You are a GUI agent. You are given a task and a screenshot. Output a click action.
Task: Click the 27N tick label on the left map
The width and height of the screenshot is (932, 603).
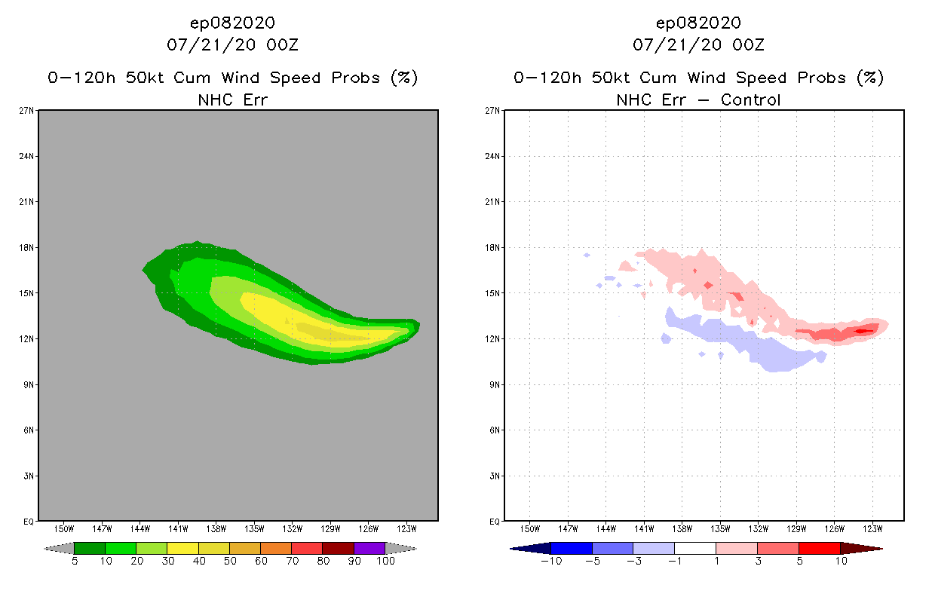pos(27,111)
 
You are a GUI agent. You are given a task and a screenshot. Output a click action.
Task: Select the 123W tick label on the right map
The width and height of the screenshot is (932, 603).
pos(873,528)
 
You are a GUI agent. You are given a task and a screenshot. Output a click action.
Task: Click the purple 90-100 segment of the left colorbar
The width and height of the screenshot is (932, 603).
pos(369,548)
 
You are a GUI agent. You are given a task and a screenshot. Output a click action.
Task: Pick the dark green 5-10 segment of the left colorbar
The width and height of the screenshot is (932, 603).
pos(90,548)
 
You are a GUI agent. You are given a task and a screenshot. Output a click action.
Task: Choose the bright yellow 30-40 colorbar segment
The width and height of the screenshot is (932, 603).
pos(182,548)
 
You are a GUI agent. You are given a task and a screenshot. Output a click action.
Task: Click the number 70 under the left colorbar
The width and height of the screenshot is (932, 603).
pos(291,562)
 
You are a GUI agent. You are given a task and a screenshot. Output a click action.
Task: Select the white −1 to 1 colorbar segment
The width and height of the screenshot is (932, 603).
pos(694,548)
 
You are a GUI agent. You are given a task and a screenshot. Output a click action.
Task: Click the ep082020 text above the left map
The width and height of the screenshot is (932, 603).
pos(232,23)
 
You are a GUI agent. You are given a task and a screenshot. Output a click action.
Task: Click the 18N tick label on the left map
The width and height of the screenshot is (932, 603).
pos(27,247)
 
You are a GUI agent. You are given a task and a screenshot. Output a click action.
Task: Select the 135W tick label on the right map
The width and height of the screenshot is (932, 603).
pos(720,528)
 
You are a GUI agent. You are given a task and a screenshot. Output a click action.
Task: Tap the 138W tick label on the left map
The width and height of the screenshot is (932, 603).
pos(216,528)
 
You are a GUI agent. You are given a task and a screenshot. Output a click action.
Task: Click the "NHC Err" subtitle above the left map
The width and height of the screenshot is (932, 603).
pos(232,99)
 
